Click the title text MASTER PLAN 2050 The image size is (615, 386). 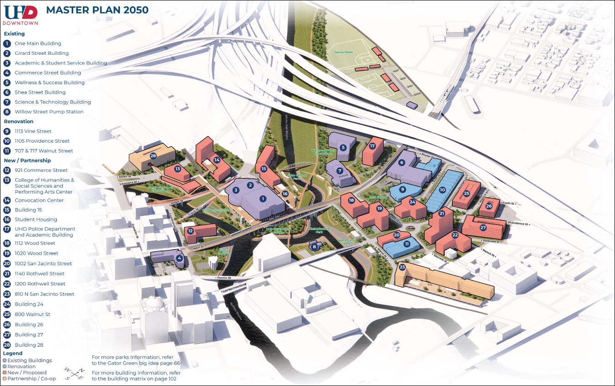tap(97, 10)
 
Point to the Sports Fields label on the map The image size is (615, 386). tap(343, 52)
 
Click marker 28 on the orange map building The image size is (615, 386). tap(153, 156)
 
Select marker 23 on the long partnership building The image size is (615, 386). tap(402, 267)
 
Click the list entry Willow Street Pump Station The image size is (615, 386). tap(49, 112)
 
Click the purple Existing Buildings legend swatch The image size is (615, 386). tap(5, 361)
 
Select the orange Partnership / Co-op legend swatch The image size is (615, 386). tap(5, 378)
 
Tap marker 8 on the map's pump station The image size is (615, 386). tap(314, 247)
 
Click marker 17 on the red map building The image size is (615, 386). tap(372, 146)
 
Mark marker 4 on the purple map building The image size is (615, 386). tap(179, 258)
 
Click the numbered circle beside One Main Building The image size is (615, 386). tap(7, 43)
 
